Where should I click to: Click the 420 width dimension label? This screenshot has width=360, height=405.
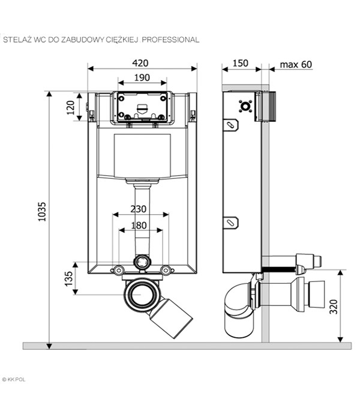[140, 63]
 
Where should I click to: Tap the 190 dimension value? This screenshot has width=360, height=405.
[142, 77]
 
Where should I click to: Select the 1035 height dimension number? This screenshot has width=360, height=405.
[42, 212]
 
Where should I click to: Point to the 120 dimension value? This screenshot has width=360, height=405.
[71, 107]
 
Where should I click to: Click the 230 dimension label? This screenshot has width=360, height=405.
[139, 209]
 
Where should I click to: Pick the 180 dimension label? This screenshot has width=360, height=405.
[139, 225]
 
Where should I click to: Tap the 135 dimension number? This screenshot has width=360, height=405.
[68, 278]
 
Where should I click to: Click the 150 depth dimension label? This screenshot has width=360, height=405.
[240, 63]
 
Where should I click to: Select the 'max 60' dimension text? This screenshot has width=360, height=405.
[296, 64]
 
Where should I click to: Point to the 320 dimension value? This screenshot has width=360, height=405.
[334, 307]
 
